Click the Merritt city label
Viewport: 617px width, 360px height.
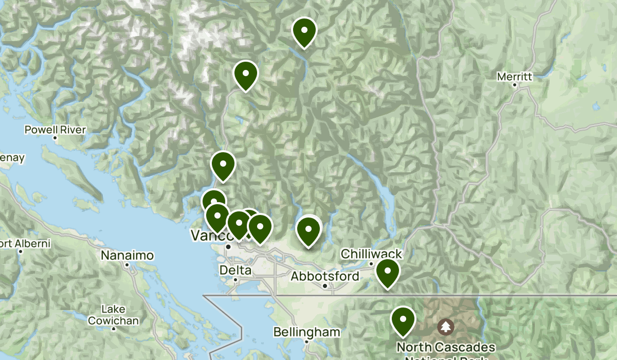tap(514, 77)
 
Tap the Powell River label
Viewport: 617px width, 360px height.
tap(55, 130)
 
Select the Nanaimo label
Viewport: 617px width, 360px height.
tap(127, 255)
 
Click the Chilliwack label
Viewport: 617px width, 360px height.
tap(371, 254)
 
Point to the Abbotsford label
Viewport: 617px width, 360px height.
tap(325, 276)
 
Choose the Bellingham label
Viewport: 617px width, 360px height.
tap(306, 332)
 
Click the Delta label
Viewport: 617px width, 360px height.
tap(235, 270)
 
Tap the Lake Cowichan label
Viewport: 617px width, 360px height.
tap(113, 315)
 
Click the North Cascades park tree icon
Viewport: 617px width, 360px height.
tap(445, 326)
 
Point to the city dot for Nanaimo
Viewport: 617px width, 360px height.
tap(127, 264)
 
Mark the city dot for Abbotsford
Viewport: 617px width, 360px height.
tap(325, 285)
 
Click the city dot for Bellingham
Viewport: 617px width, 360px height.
tap(306, 341)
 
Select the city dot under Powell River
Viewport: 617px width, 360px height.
tap(55, 138)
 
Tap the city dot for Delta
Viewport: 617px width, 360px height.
tap(235, 279)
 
